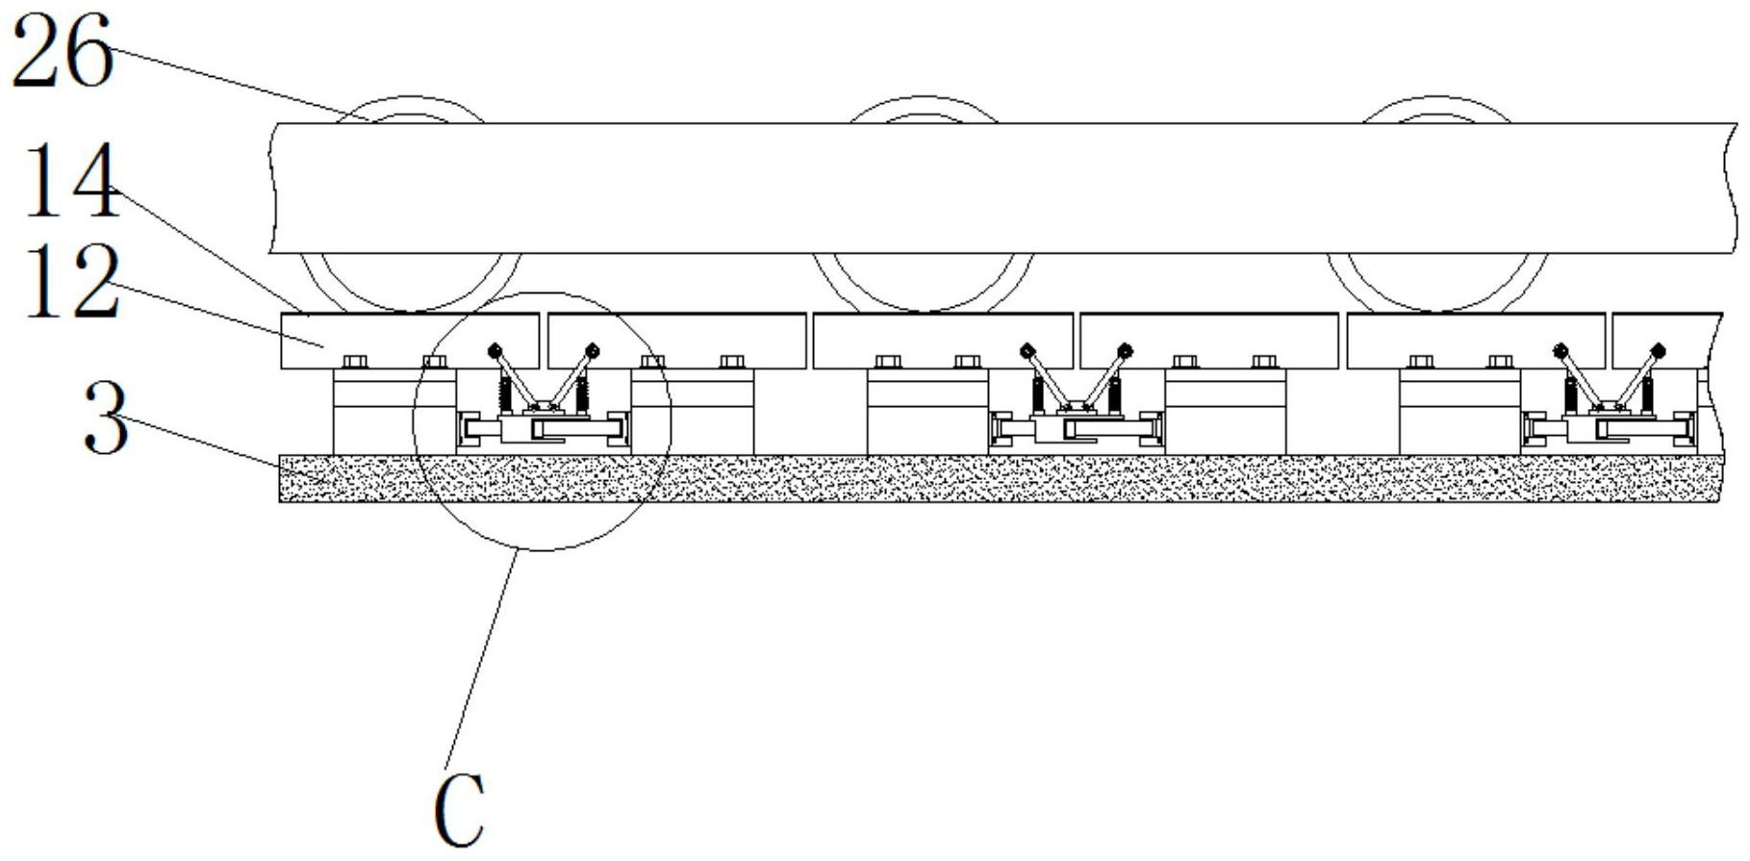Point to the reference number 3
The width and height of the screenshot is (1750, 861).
point(106,418)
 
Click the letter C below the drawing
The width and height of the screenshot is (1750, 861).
point(459,810)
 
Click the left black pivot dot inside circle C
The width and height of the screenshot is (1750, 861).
point(495,350)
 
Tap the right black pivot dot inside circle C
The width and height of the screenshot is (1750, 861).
point(593,350)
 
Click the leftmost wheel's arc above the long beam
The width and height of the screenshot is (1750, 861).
point(412,105)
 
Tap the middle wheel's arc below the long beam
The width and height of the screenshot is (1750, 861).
point(924,289)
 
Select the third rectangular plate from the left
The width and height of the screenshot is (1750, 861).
point(943,341)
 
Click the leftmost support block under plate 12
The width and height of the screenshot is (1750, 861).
point(394,414)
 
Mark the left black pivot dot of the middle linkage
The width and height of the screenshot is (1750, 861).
point(1027,350)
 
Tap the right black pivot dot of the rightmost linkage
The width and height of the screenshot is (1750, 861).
point(1657,350)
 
